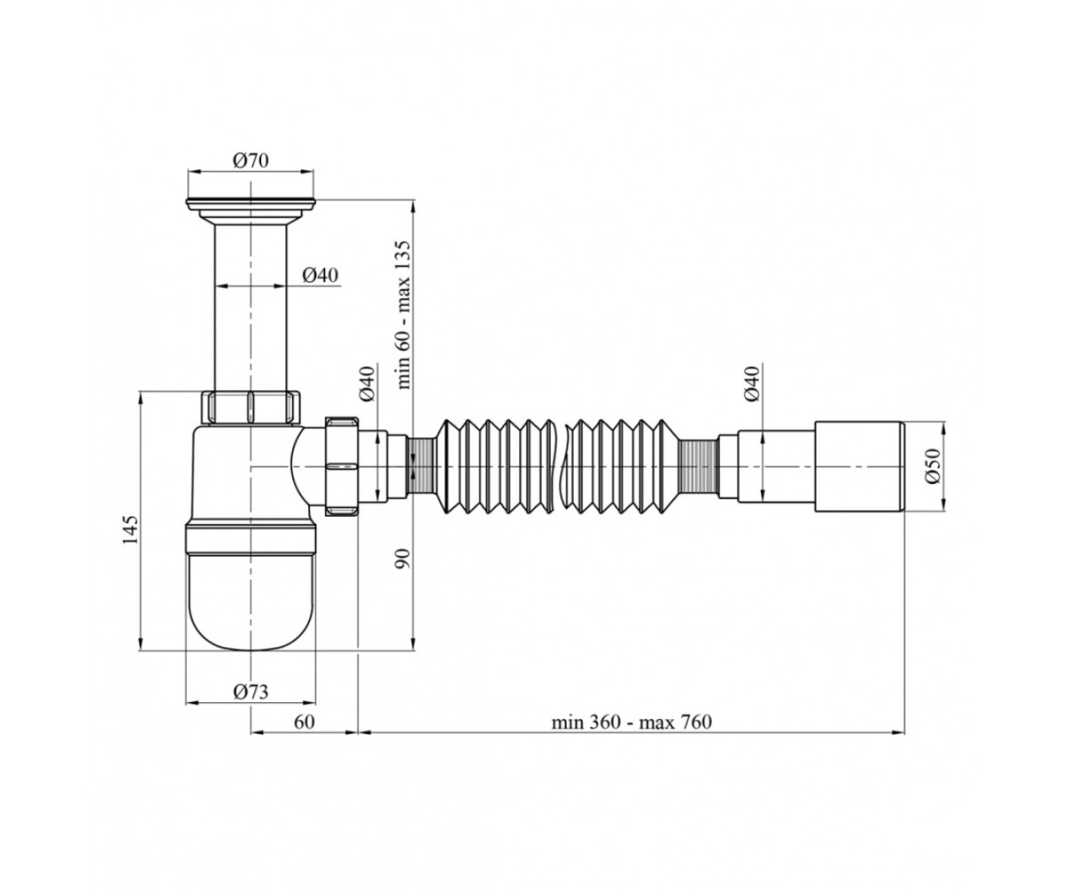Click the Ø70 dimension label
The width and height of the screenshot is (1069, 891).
(x=250, y=160)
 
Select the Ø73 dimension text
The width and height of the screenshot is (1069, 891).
(x=250, y=691)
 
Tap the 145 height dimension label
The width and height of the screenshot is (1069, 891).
(x=131, y=530)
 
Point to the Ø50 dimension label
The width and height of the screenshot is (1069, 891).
(x=933, y=465)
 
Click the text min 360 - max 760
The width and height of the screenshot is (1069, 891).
(x=632, y=722)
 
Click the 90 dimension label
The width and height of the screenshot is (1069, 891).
(x=404, y=559)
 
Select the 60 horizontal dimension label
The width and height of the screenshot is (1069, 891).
(x=304, y=722)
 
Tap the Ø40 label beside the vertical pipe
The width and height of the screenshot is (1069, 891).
(x=320, y=275)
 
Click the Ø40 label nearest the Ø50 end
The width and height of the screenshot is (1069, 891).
(x=752, y=383)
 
